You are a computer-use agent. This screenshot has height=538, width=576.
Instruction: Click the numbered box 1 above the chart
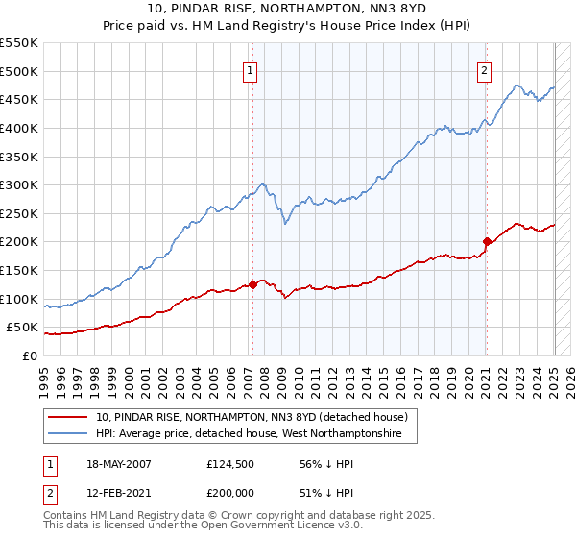(x=250, y=69)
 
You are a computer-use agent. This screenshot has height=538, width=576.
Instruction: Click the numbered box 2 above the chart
(x=484, y=69)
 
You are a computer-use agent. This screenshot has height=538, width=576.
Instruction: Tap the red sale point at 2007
(x=252, y=284)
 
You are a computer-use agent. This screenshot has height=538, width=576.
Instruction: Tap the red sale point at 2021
(x=487, y=241)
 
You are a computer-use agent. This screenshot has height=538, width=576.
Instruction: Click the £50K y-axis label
(x=23, y=328)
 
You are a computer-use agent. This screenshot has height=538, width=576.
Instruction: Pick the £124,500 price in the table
(x=228, y=463)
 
